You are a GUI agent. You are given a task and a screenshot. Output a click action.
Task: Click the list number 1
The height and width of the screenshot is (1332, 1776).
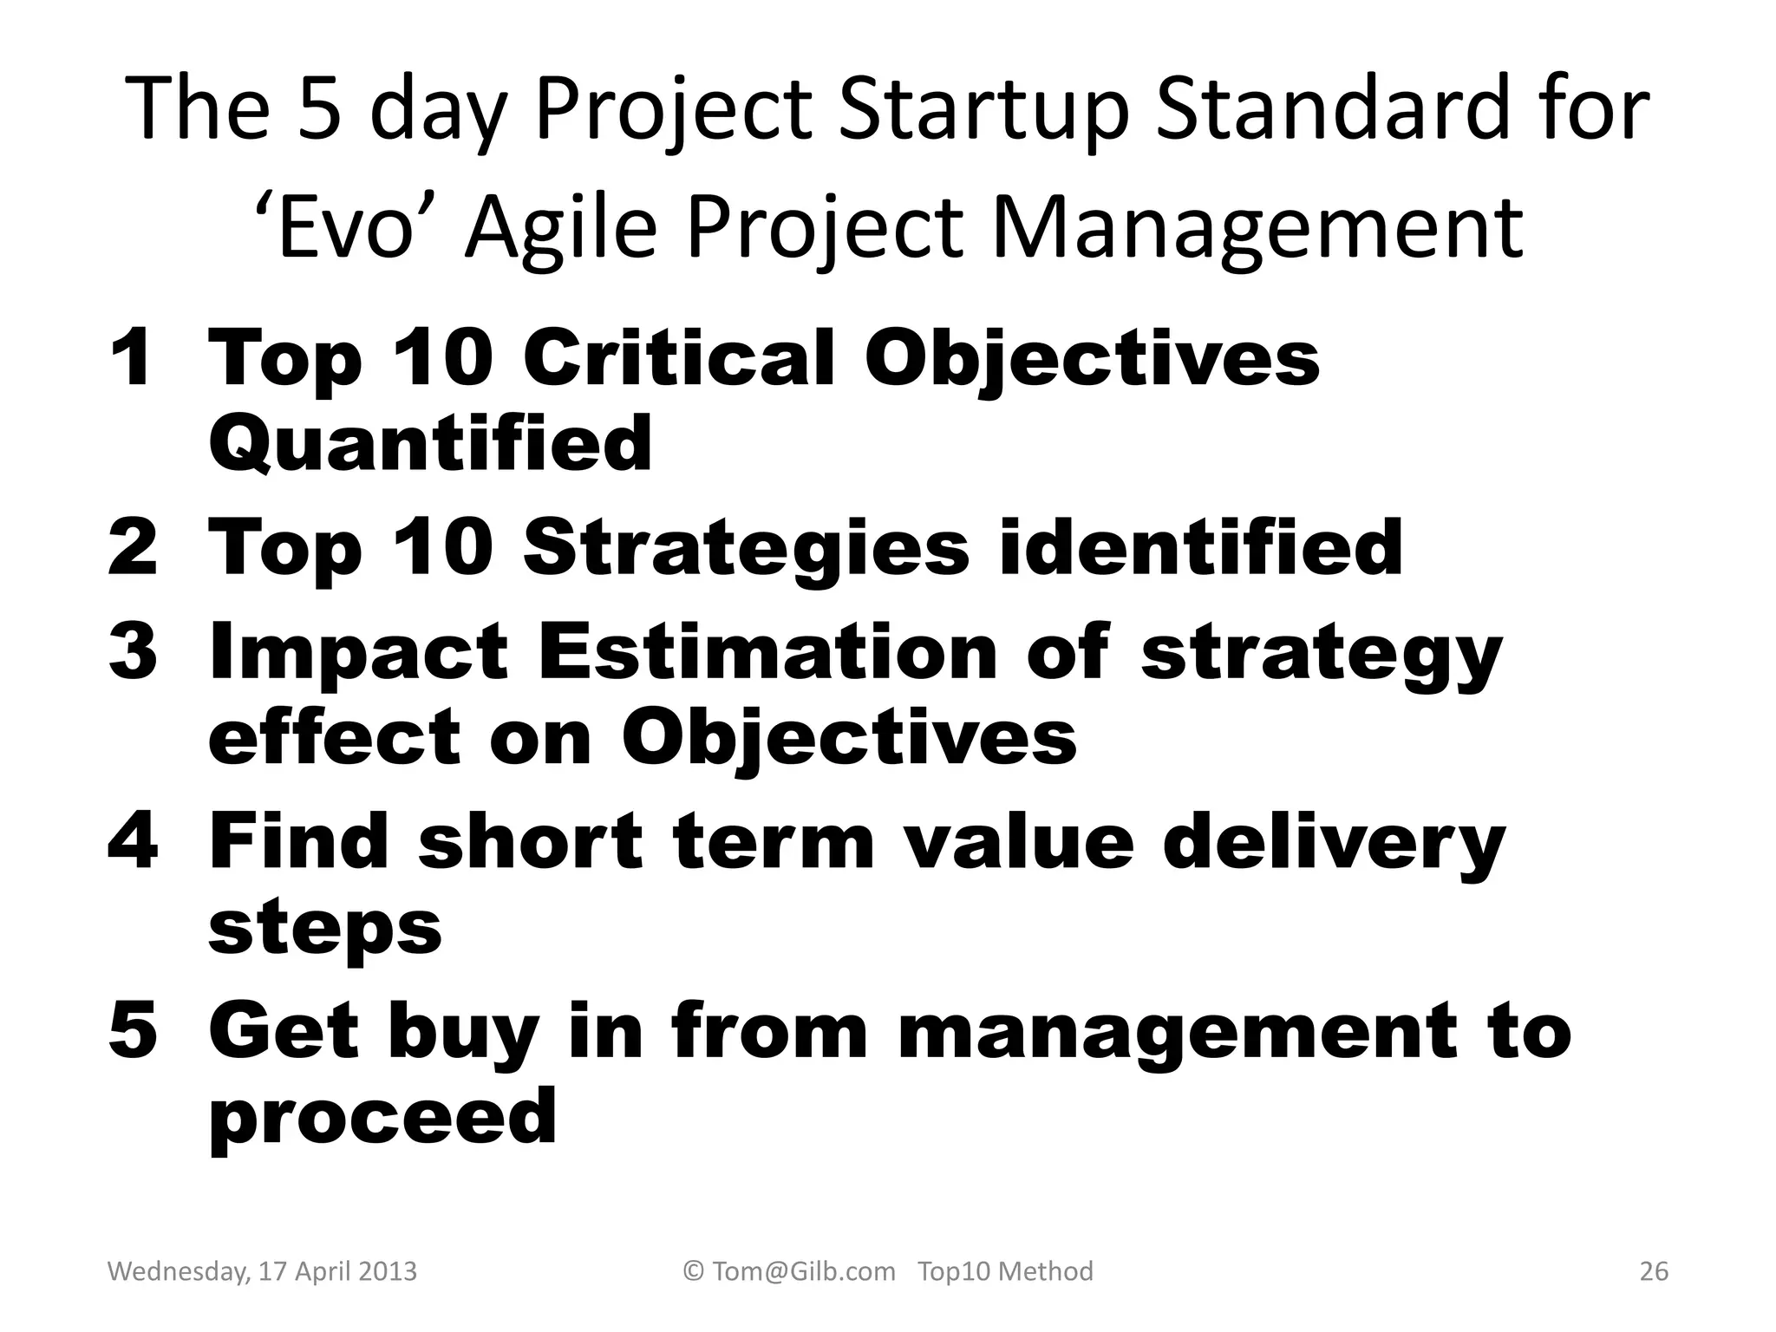click(133, 358)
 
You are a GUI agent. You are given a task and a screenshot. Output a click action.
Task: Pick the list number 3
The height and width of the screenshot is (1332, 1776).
click(133, 652)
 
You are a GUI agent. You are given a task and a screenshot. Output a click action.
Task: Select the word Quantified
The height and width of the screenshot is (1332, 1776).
click(430, 443)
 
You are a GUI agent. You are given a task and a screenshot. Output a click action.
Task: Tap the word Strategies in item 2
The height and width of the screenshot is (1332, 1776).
click(746, 548)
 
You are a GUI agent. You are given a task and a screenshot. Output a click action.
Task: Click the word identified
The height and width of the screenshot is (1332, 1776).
click(1200, 548)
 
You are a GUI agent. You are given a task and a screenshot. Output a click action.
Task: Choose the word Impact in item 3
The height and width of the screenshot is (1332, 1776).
click(358, 652)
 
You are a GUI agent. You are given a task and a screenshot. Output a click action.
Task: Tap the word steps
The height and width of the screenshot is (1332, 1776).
click(325, 928)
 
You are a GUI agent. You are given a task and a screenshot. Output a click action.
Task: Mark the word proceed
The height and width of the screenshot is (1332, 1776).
click(382, 1119)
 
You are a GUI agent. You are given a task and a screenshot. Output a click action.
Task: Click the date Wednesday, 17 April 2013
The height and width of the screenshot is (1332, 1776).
click(262, 1271)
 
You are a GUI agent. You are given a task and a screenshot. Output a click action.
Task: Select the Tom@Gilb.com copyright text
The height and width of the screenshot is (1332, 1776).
click(790, 1271)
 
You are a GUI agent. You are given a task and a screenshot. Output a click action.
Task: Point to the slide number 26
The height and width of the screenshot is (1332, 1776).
click(1654, 1271)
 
